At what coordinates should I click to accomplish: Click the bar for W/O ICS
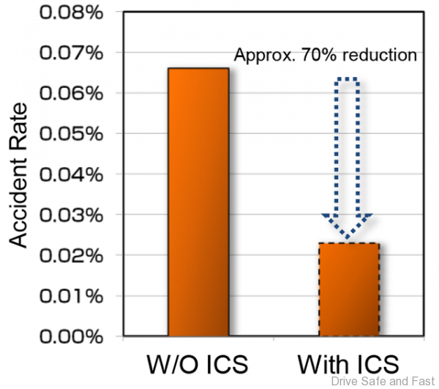click(x=198, y=202)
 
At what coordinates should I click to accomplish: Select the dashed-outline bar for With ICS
click(x=348, y=290)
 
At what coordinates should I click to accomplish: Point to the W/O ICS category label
click(x=198, y=364)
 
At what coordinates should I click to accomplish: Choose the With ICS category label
click(x=348, y=364)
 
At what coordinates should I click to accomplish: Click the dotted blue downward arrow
click(x=348, y=147)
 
